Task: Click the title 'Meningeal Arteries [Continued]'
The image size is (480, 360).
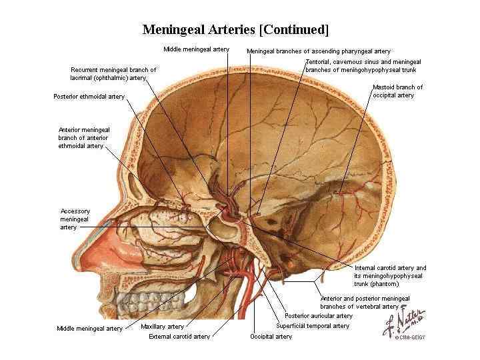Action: [x=235, y=30]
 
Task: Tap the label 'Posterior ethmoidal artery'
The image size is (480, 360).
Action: [x=89, y=97]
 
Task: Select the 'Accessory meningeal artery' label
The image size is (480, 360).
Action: [x=75, y=219]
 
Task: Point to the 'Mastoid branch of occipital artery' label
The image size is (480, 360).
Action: [x=397, y=91]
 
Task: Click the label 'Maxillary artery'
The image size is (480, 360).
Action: [x=162, y=327]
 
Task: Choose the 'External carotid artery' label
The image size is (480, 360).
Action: [x=179, y=337]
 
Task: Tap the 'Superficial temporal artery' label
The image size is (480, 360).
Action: [x=313, y=326]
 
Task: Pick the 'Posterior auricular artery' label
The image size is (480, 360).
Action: [x=318, y=315]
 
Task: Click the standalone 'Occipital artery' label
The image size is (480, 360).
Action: [x=271, y=337]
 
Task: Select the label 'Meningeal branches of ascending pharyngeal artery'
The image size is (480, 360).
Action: [x=318, y=51]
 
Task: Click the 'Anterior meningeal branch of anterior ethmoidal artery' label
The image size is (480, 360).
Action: [x=84, y=137]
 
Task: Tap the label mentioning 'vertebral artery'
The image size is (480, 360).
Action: [x=365, y=302]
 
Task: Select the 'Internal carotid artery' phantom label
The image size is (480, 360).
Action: [x=390, y=275]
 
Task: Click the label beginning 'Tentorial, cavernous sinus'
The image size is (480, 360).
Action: [x=363, y=65]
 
